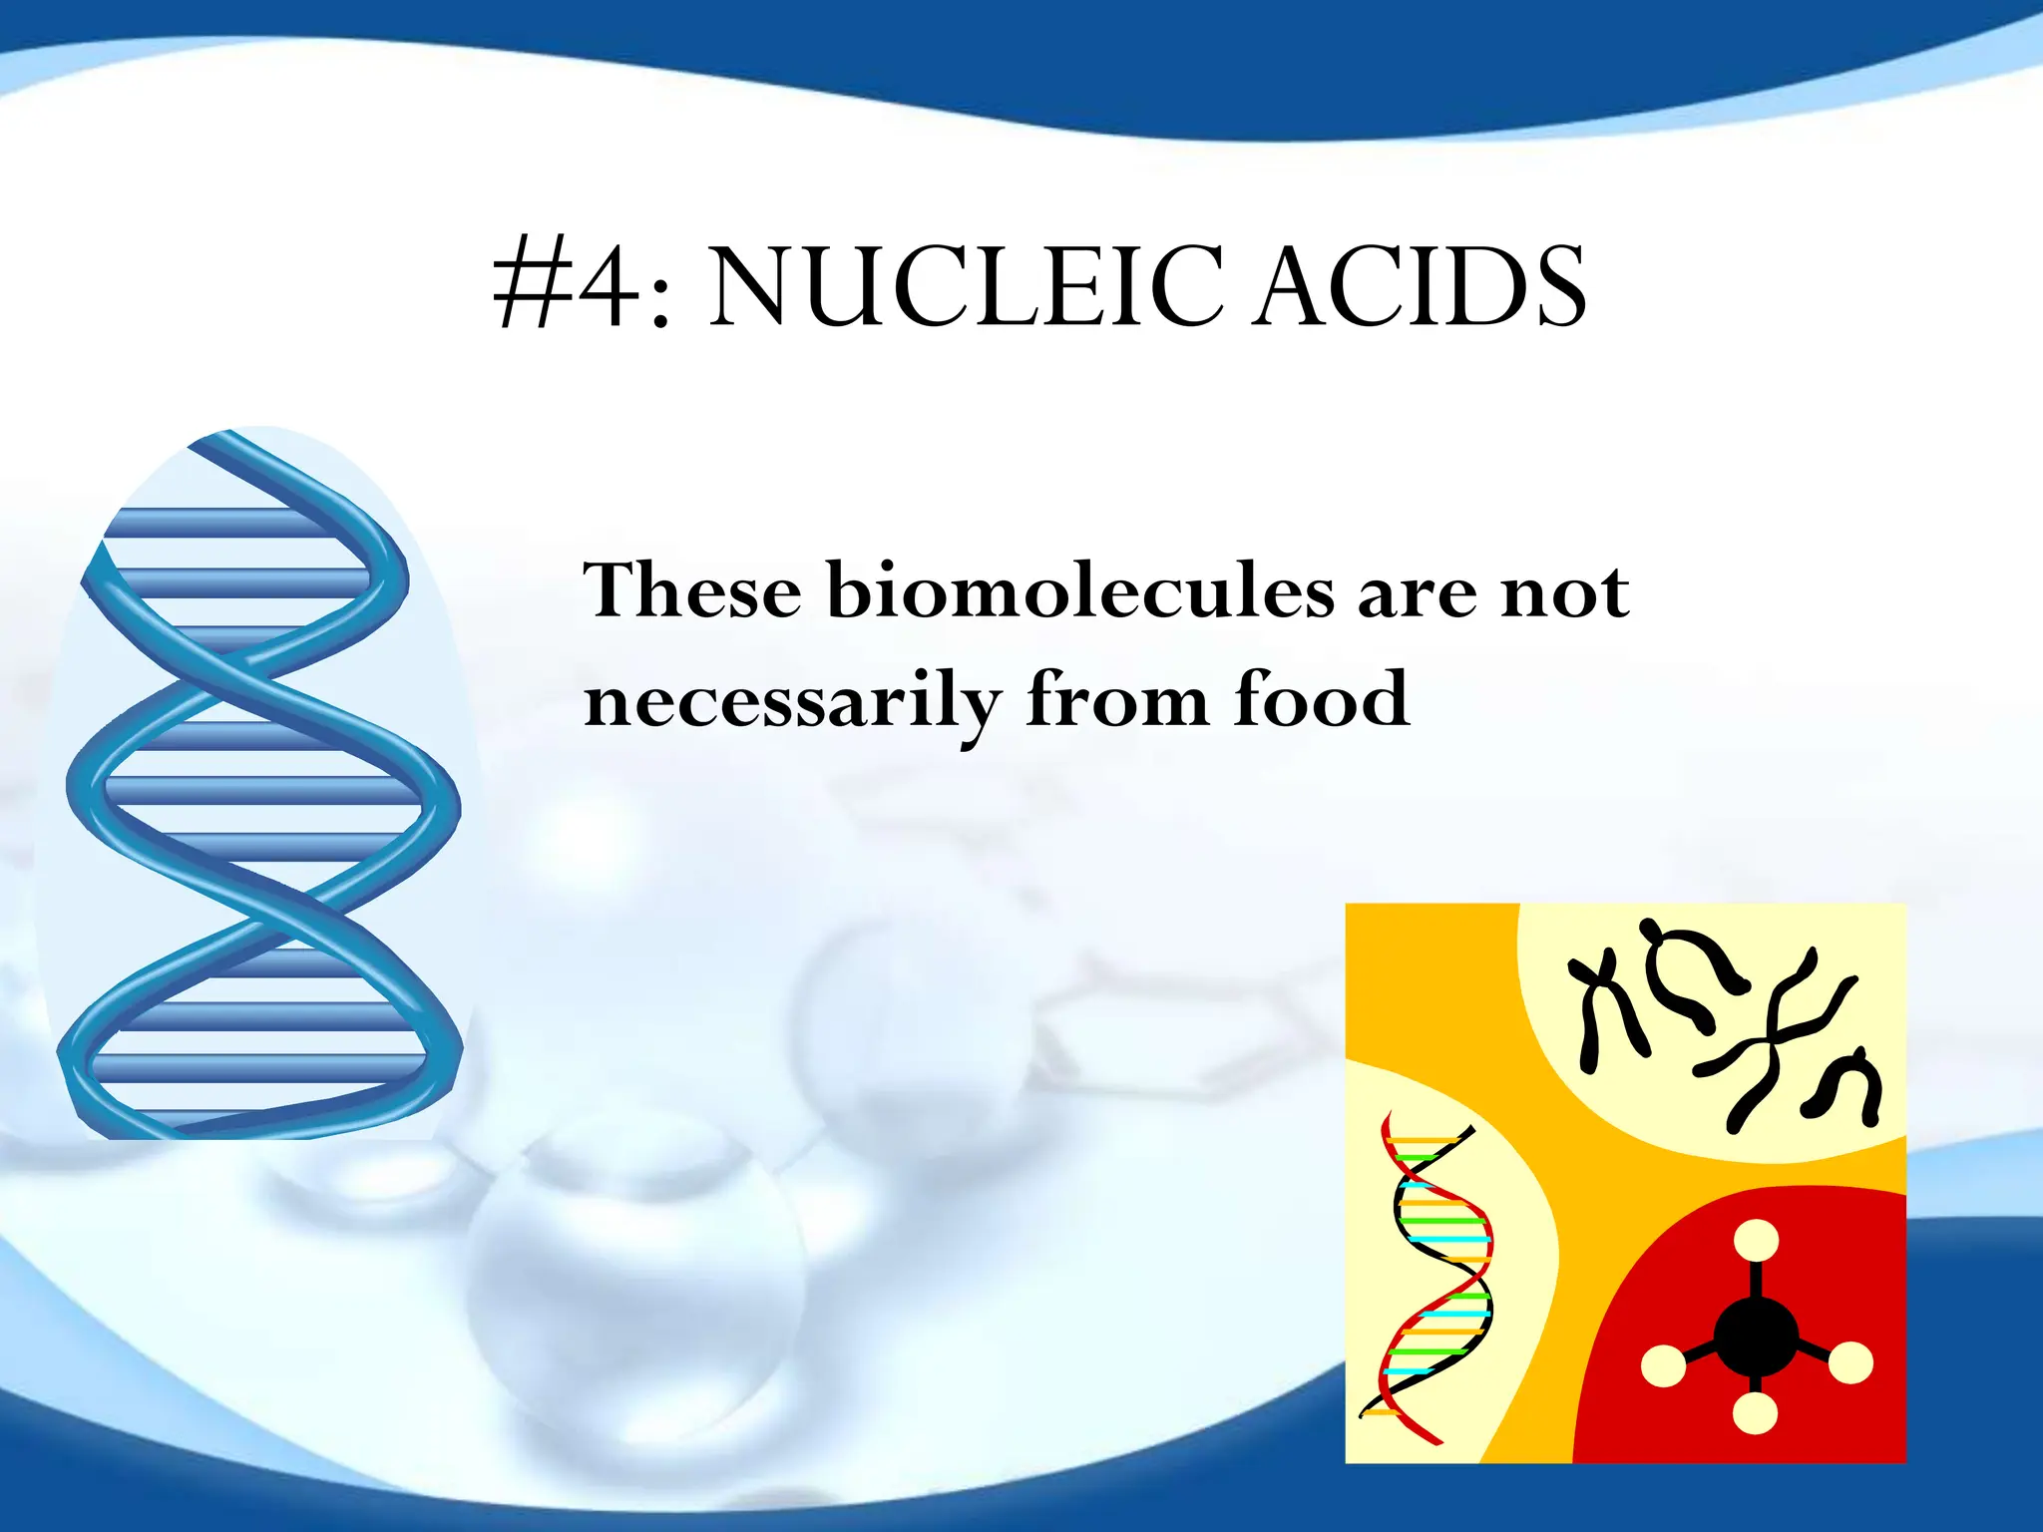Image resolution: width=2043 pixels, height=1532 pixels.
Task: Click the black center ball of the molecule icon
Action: [x=1756, y=1337]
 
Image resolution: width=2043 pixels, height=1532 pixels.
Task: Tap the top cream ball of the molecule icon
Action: [x=1756, y=1243]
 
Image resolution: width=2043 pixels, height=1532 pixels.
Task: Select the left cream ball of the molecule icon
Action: [x=1663, y=1365]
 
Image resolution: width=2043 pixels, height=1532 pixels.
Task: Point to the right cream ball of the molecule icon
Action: [x=1850, y=1363]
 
